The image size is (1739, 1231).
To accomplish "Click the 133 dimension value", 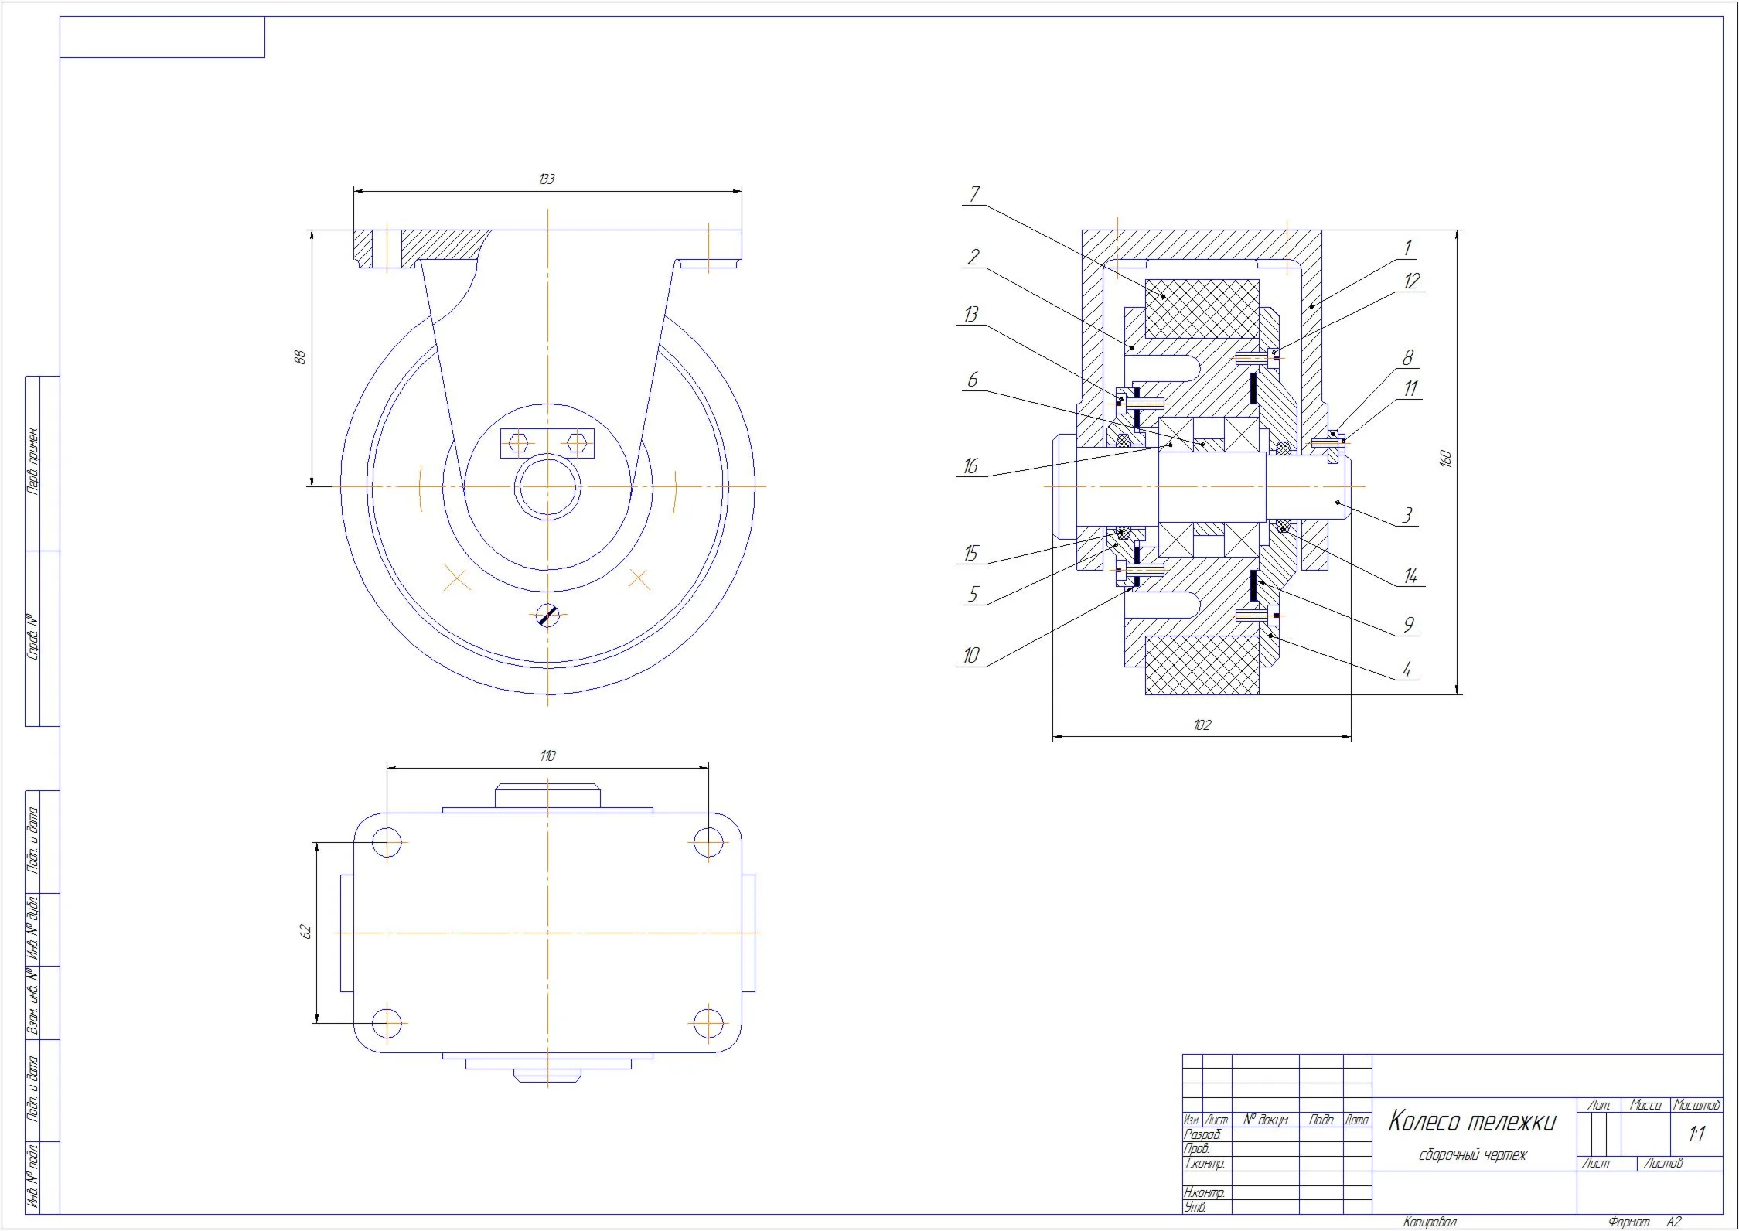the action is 546,179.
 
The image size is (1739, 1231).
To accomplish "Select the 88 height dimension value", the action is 301,357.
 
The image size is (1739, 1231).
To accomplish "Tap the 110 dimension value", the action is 547,756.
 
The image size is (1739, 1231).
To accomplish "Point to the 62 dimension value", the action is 306,932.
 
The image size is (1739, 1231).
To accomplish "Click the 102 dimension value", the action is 1202,725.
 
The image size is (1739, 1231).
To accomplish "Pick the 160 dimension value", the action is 1447,458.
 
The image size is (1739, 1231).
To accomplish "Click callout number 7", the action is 974,194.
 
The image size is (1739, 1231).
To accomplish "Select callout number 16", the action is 970,466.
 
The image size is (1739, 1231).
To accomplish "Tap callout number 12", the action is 1412,281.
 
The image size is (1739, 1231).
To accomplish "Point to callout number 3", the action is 1408,515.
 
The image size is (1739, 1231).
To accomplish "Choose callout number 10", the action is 970,656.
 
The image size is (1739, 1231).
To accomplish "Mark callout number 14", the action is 1411,576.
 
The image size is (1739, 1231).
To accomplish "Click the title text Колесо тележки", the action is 1471,1121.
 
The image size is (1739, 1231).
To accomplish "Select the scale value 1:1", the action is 1697,1134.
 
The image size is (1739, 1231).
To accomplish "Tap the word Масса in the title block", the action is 1645,1105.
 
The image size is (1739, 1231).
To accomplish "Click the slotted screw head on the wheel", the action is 547,615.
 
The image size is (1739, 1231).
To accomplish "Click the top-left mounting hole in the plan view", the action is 387,842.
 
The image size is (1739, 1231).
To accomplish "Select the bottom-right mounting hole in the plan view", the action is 708,1023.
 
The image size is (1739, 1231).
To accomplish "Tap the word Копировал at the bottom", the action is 1430,1222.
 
